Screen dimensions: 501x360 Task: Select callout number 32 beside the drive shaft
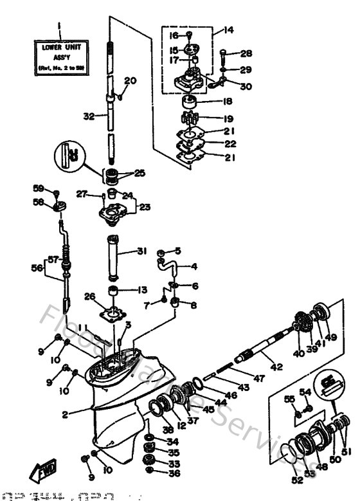[88, 116]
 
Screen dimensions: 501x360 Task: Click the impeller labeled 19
[190, 119]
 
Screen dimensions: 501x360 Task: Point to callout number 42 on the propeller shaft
[276, 368]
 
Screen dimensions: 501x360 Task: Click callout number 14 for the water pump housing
[229, 30]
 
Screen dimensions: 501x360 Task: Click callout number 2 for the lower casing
[65, 415]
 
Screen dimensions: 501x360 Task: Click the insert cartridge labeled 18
[190, 101]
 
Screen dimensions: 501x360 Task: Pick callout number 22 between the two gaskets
[230, 144]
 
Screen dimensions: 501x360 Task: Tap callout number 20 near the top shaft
[130, 81]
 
